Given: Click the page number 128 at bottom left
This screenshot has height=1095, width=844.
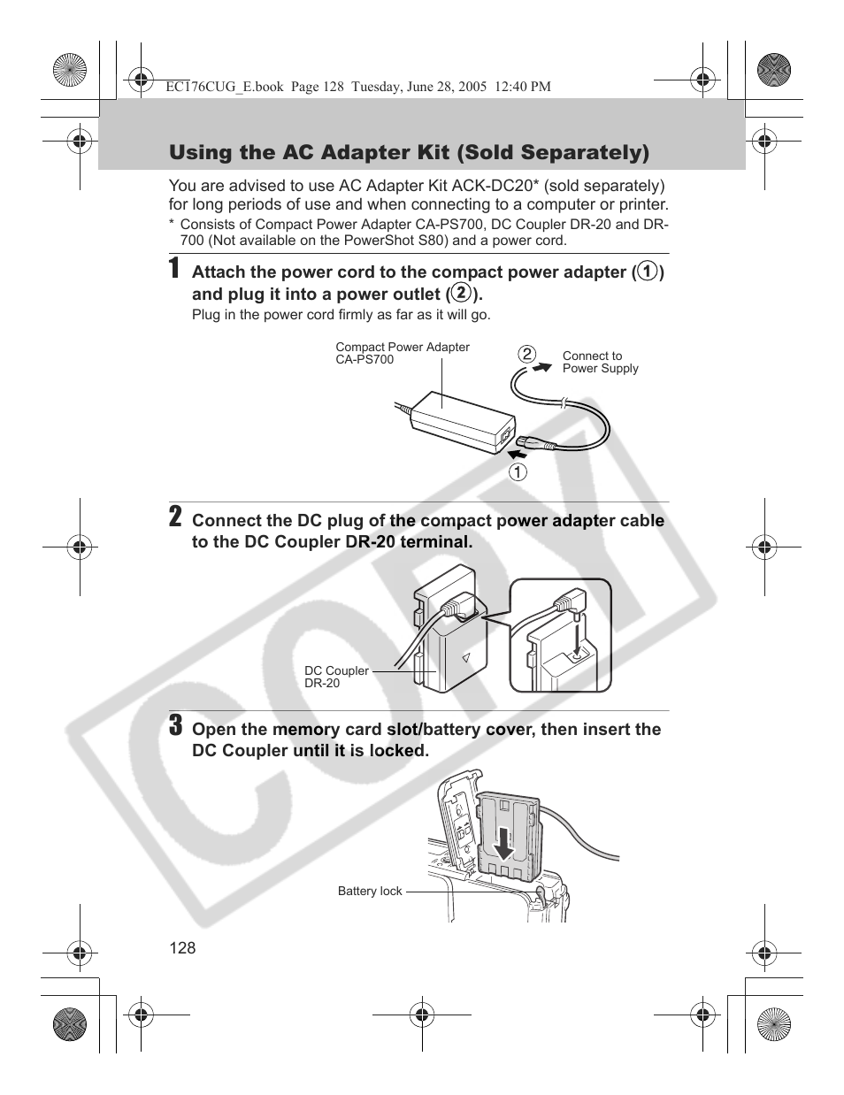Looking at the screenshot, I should coord(182,948).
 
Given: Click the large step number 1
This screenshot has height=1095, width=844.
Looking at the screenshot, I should coord(176,269).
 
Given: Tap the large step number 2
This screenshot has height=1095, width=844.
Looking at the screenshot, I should coord(176,517).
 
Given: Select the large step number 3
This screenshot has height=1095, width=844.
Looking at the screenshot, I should coord(176,726).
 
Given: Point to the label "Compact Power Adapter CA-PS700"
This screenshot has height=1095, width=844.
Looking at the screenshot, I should coord(402,353).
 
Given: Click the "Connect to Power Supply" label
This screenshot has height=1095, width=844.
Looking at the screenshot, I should coord(600,362).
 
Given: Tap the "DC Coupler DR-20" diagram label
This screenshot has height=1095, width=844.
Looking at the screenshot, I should coord(336,677).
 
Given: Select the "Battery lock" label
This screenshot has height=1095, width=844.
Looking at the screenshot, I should coord(370,892).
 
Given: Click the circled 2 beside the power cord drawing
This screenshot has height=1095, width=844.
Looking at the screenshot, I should coord(527,355).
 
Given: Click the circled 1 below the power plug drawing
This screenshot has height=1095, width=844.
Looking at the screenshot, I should coord(518,471).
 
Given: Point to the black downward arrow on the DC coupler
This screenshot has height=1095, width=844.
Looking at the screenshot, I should coord(503,843).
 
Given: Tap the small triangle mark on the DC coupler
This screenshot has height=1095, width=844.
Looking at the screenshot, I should coord(465,658).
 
